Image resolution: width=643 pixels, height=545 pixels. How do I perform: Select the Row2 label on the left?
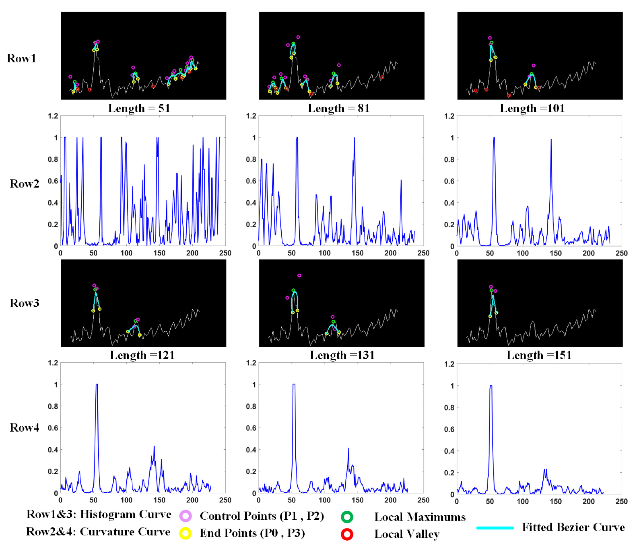click(x=24, y=184)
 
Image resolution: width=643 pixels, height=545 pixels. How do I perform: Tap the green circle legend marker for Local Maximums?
click(x=347, y=517)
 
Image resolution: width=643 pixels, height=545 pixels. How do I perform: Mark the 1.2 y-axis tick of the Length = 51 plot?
click(x=53, y=116)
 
